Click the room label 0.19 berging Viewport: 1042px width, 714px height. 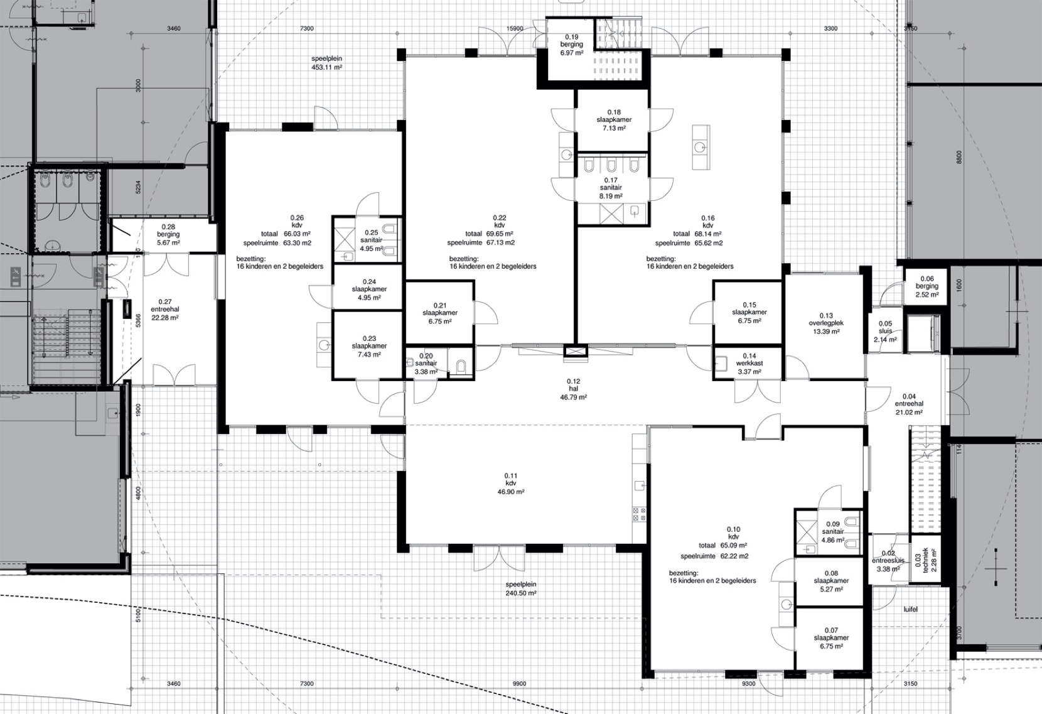point(571,45)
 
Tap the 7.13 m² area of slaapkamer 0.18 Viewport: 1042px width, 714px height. point(614,128)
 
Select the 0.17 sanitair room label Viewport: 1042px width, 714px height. point(611,188)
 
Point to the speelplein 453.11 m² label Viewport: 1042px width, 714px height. point(327,63)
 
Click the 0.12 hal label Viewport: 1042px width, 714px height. point(574,389)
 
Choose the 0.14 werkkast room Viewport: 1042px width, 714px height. point(749,364)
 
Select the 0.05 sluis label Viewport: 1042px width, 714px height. point(885,332)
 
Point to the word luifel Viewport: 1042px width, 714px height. point(910,609)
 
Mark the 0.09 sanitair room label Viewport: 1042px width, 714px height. point(833,532)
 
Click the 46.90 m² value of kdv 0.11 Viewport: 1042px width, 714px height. point(511,492)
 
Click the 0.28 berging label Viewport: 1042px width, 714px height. point(168,235)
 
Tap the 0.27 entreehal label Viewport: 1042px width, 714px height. point(164,310)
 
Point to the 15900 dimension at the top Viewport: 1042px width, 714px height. point(515,28)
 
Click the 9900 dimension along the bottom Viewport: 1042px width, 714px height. point(519,684)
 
